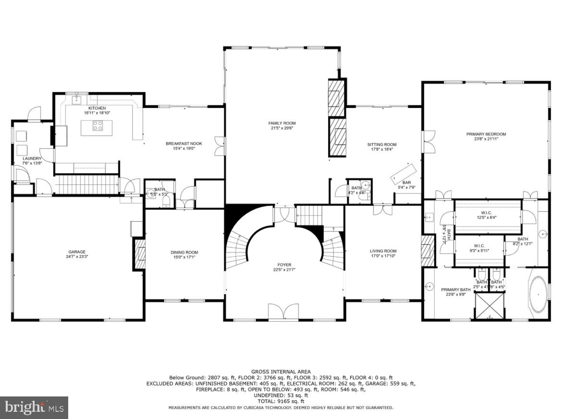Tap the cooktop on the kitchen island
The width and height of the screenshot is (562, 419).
[98, 126]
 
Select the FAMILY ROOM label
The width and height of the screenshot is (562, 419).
[281, 123]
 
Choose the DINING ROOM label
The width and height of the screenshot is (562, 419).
[184, 252]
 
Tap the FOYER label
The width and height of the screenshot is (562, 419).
[284, 265]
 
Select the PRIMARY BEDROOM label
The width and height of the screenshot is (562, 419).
[486, 134]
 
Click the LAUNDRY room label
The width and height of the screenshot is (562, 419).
[32, 158]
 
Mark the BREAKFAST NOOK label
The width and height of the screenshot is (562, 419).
[183, 144]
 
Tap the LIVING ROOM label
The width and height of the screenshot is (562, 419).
[383, 251]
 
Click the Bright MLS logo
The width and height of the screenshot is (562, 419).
[34, 407]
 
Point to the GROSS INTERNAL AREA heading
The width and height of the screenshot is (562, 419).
[281, 371]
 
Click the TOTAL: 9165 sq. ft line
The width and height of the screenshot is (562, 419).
[281, 401]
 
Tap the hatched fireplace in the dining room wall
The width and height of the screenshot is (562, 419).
[140, 254]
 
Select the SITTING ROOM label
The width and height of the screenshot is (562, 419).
[382, 144]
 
